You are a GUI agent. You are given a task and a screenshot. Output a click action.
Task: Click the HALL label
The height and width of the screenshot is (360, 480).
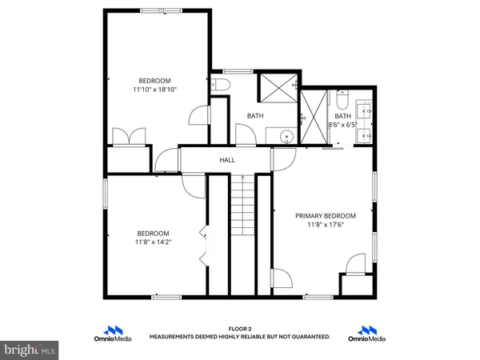(x=227, y=160)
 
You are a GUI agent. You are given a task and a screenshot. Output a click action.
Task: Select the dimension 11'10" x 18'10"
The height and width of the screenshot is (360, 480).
(x=154, y=90)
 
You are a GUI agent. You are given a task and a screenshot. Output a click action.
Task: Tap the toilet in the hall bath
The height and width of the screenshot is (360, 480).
(x=222, y=84)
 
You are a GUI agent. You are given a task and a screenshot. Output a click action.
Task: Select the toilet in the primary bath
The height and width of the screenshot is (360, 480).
(x=342, y=102)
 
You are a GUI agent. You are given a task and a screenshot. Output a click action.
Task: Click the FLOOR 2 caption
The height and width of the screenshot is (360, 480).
(x=240, y=329)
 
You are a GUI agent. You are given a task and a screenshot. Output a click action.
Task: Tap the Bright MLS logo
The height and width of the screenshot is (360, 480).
(x=29, y=349)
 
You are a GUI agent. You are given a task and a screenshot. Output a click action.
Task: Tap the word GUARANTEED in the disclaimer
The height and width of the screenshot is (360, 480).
(x=308, y=338)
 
